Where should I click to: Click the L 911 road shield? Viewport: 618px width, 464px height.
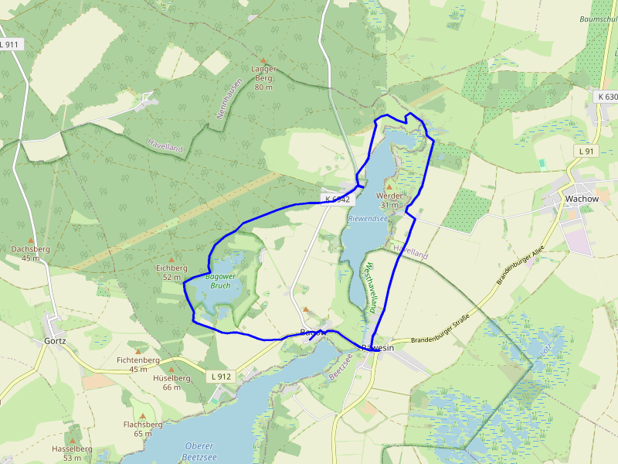coord(10,45)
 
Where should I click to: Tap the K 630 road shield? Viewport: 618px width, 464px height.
coord(607,97)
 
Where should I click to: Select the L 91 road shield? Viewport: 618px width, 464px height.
coord(586,152)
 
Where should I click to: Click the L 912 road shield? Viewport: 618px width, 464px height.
coord(220,377)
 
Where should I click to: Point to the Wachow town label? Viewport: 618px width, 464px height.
coord(582,199)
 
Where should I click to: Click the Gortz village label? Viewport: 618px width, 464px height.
coord(55,340)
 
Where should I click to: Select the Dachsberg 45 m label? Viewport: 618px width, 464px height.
coord(31,254)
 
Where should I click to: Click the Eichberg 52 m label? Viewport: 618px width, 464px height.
coord(171,272)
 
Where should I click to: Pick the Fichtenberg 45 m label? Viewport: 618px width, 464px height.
coord(138,364)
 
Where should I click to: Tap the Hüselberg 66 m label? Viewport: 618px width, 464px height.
coord(171,383)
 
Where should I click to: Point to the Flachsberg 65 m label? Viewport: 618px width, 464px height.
coord(143,429)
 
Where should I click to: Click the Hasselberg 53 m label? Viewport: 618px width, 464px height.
coord(72,453)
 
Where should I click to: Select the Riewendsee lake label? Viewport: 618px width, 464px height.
coord(367,219)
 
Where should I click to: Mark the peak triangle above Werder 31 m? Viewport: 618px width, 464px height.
coord(389,186)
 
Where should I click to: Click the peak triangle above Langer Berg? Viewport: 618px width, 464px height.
coord(263,60)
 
